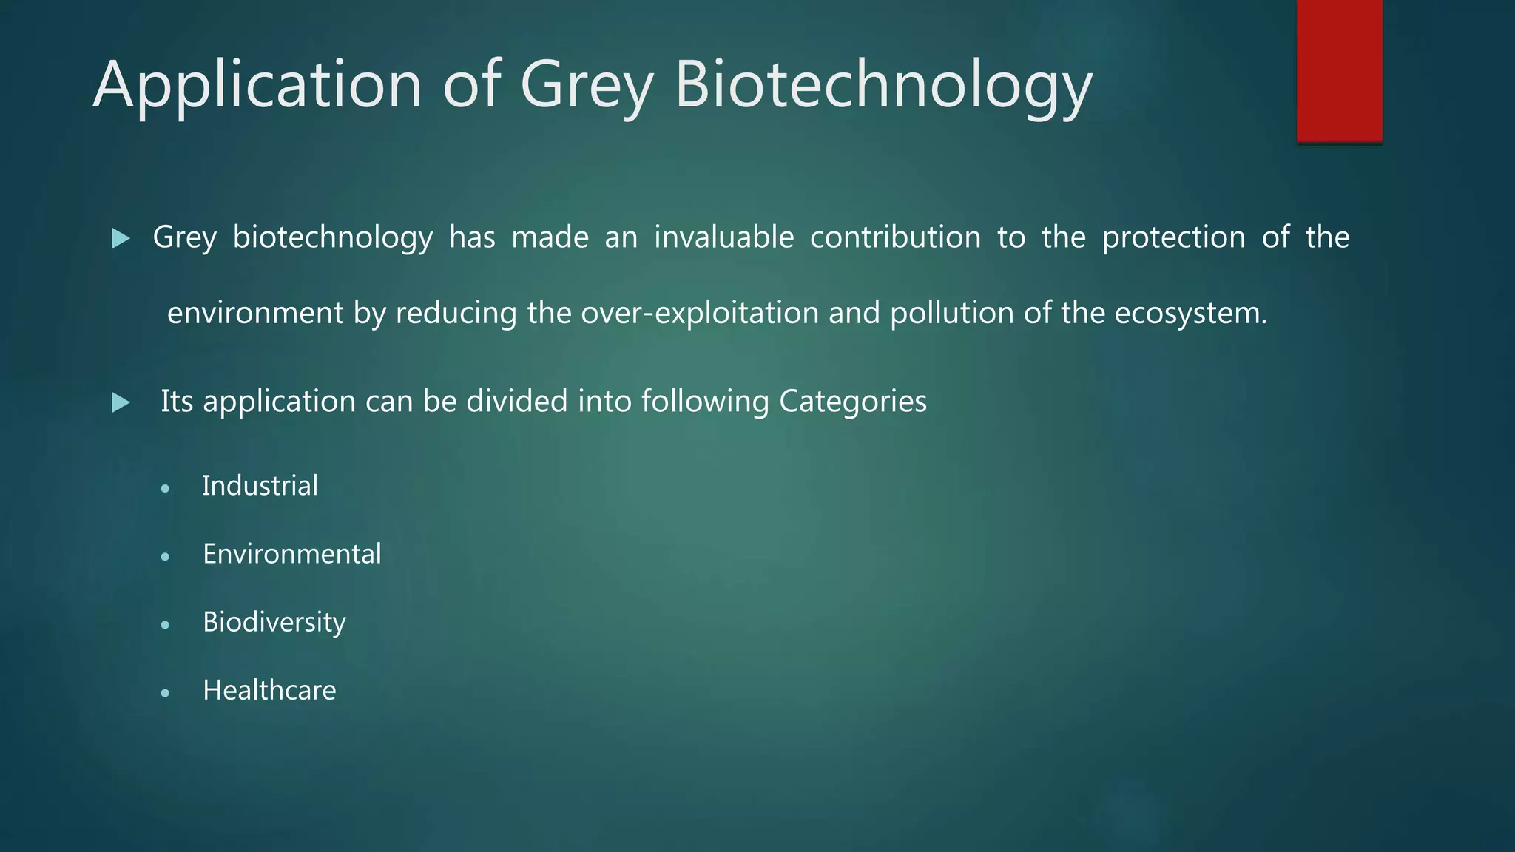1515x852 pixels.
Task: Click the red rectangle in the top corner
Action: click(1339, 70)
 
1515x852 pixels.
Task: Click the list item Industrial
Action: click(260, 486)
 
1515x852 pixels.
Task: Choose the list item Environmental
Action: click(291, 554)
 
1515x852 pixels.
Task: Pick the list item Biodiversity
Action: click(274, 622)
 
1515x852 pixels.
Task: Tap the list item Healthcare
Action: click(269, 690)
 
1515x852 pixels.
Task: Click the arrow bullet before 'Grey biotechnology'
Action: click(121, 238)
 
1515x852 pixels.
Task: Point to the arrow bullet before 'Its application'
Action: click(121, 403)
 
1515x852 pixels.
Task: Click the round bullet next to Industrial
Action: click(165, 489)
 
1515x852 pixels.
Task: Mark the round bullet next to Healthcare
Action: click(165, 693)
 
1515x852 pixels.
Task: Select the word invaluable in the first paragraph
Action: click(723, 237)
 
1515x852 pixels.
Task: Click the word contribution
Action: click(895, 237)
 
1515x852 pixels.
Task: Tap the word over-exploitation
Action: click(700, 313)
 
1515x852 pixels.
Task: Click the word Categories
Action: click(852, 402)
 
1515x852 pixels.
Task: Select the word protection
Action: click(1173, 237)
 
